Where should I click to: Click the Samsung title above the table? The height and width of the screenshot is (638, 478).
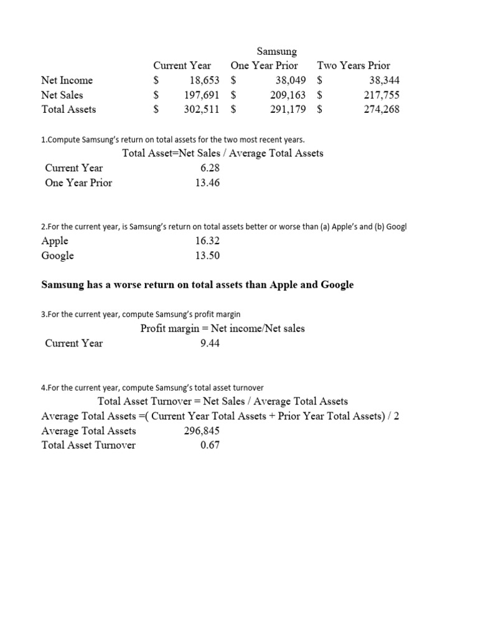point(277,52)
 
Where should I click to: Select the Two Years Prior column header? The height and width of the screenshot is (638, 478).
point(354,65)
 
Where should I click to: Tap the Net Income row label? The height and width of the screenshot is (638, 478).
point(67,80)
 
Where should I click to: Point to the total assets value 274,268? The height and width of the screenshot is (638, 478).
point(382,110)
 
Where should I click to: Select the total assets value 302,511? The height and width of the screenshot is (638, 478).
point(202,110)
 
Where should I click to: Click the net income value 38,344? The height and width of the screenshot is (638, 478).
point(384,80)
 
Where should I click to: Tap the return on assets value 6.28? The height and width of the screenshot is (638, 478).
point(210,168)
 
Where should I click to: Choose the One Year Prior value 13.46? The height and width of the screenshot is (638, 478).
point(207,183)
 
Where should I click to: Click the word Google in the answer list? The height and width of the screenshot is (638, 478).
point(57,256)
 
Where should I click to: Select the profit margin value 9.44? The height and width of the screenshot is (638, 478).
point(210,343)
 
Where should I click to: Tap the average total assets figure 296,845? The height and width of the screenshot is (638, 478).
point(202,431)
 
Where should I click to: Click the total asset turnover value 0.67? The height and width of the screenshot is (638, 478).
point(210,445)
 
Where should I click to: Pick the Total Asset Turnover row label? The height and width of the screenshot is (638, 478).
point(88,445)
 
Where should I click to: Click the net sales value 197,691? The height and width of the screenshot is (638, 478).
point(202,95)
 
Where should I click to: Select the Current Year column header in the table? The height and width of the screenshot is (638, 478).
point(182,65)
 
